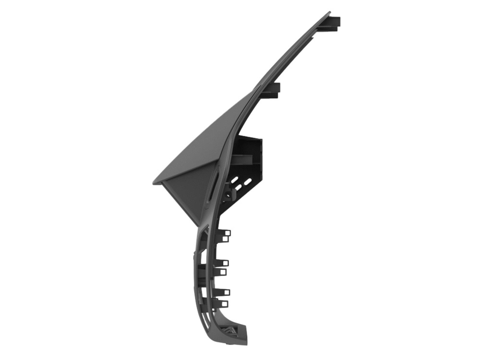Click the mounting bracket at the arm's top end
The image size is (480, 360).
[x=333, y=23]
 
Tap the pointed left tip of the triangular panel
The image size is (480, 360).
[x=155, y=183]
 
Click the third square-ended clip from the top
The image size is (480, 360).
[x=223, y=263]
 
